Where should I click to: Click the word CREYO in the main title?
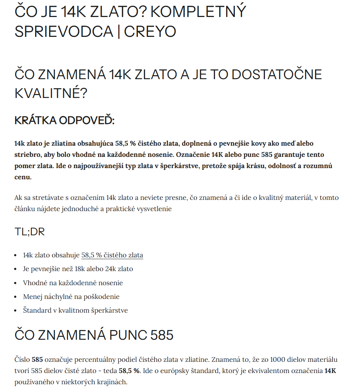point(150,32)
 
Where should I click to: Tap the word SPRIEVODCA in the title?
point(64,32)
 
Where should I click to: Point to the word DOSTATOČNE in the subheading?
point(276,74)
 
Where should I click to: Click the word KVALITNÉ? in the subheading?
point(51,93)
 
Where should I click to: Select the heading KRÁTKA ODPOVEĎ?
point(64,120)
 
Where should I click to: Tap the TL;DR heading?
point(30,232)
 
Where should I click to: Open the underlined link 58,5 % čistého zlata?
point(112,255)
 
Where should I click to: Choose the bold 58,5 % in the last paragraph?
point(130,371)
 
